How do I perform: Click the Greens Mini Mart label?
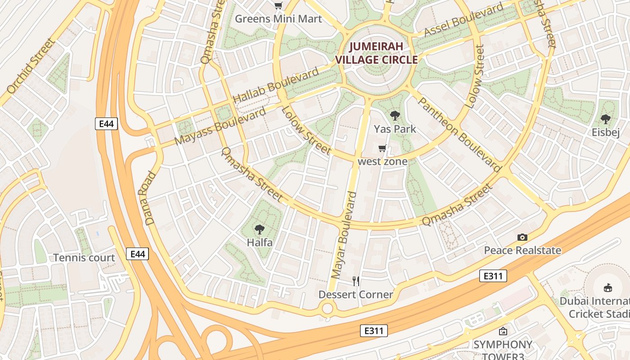279,19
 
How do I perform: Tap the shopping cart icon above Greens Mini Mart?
279,6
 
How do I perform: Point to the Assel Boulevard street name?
463,21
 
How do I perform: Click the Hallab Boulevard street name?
276,85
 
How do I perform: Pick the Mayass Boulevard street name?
220,126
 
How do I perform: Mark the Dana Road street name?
150,198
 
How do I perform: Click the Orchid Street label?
31,67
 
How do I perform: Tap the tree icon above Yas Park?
395,116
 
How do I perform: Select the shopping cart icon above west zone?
382,148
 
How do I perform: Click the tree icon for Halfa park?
259,229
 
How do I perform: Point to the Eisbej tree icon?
605,119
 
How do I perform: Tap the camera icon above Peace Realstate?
522,237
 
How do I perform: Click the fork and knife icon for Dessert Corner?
356,281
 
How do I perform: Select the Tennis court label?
84,258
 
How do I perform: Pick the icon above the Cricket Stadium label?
608,288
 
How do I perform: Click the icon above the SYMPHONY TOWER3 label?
503,332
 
